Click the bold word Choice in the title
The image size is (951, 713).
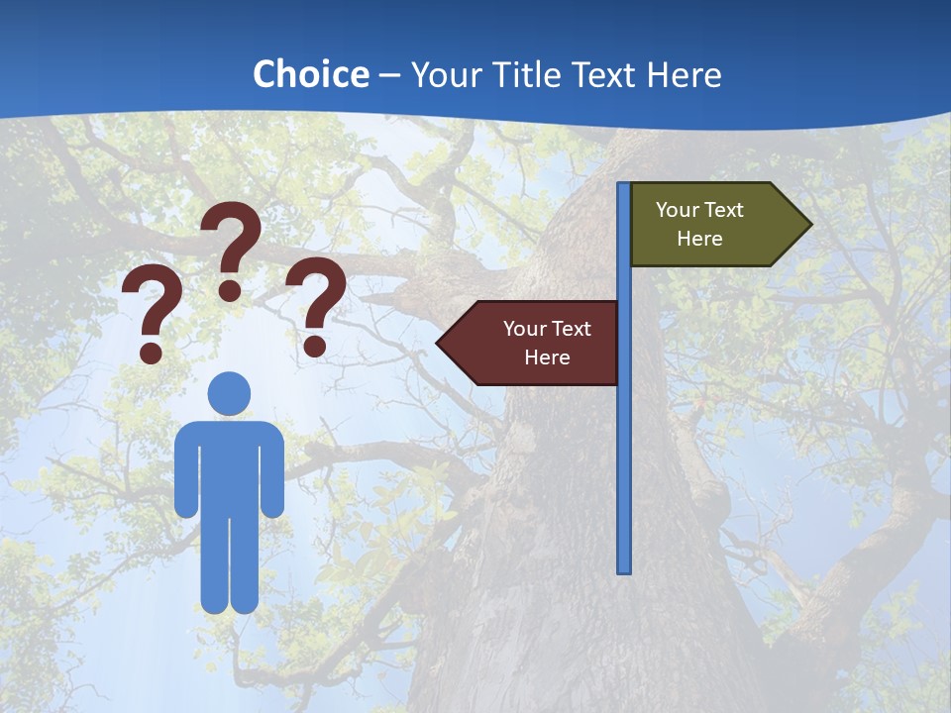pos(310,74)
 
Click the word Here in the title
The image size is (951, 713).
pos(684,75)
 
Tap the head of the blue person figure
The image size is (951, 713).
pos(229,393)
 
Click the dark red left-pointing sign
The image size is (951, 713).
pos(535,343)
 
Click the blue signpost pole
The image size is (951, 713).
pos(624,446)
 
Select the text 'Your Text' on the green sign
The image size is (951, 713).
pos(699,210)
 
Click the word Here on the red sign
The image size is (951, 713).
pos(547,357)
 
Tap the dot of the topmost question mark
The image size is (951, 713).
pos(230,290)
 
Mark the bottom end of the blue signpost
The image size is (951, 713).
pos(624,569)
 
